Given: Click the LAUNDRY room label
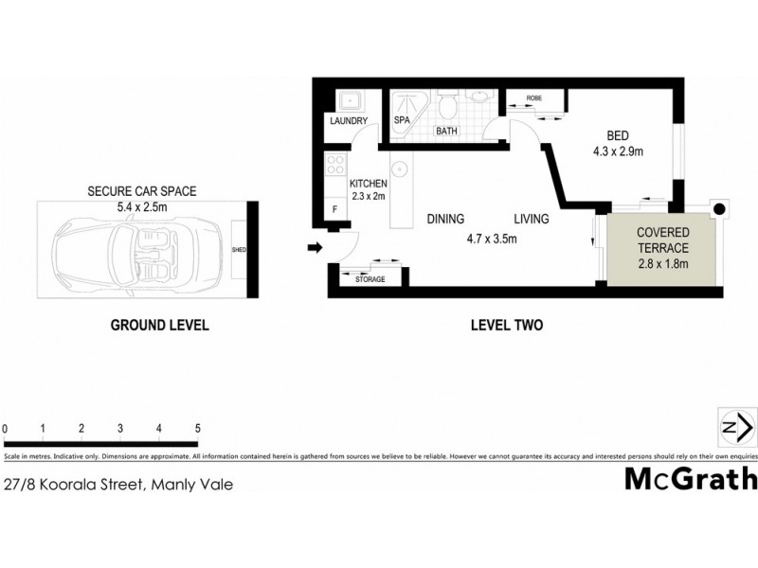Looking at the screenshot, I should click(348, 121).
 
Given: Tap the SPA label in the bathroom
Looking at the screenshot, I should click(402, 121).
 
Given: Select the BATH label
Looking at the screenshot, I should click(446, 132).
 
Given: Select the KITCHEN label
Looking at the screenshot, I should click(369, 184).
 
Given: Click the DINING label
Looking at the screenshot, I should click(444, 220).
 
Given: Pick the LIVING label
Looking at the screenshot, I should click(532, 220).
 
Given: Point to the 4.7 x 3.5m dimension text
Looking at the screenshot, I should click(491, 239).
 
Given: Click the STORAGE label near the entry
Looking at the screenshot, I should click(370, 280).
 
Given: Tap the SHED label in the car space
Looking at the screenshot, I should click(241, 251).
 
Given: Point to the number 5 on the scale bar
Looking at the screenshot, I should click(197, 429).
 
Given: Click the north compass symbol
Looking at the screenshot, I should click(735, 427).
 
